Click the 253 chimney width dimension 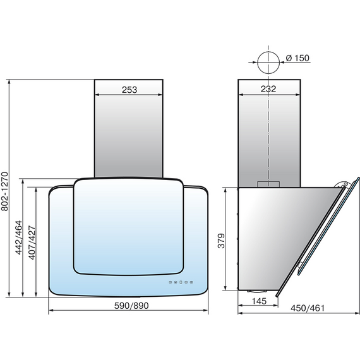pyautogui.click(x=129, y=90)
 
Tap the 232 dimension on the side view pyautogui.click(x=268, y=89)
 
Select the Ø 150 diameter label pyautogui.click(x=297, y=58)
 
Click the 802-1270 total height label pyautogui.click(x=4, y=191)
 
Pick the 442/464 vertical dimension pyautogui.click(x=18, y=237)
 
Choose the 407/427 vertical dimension pyautogui.click(x=32, y=243)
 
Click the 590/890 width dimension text pyautogui.click(x=131, y=306)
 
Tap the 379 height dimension pyautogui.click(x=221, y=241)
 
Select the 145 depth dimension pyautogui.click(x=259, y=301)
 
